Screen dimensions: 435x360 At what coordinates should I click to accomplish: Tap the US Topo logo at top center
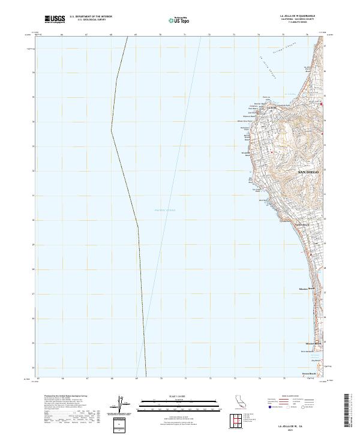tap(177, 20)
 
